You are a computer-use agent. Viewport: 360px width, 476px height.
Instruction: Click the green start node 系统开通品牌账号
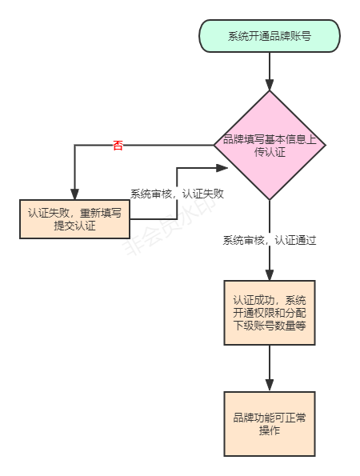(x=270, y=36)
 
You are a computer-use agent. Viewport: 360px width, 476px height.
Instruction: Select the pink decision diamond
(x=270, y=145)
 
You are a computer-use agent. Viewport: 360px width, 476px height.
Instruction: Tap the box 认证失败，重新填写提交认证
(x=74, y=218)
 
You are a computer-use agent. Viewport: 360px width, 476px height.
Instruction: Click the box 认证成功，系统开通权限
(x=270, y=312)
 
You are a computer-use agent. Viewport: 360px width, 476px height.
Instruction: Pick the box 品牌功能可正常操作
(x=270, y=424)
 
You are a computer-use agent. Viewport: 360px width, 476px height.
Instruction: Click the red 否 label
(x=118, y=146)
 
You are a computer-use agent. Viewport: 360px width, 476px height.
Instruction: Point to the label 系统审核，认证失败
(x=177, y=194)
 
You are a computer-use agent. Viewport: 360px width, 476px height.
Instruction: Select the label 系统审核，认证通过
(x=270, y=240)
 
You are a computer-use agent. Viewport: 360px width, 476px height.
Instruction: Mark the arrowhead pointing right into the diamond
(x=223, y=168)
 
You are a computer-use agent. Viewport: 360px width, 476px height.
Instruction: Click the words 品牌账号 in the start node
(x=290, y=36)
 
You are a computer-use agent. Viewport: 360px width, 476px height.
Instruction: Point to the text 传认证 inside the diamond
(x=270, y=152)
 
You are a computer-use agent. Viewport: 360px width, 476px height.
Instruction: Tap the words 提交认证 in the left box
(x=74, y=226)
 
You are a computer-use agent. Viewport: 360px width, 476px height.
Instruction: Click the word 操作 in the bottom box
(x=270, y=431)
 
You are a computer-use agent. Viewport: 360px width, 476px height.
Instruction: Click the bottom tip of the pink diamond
(x=270, y=200)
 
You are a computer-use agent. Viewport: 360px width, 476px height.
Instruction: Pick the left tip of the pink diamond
(x=214, y=145)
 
